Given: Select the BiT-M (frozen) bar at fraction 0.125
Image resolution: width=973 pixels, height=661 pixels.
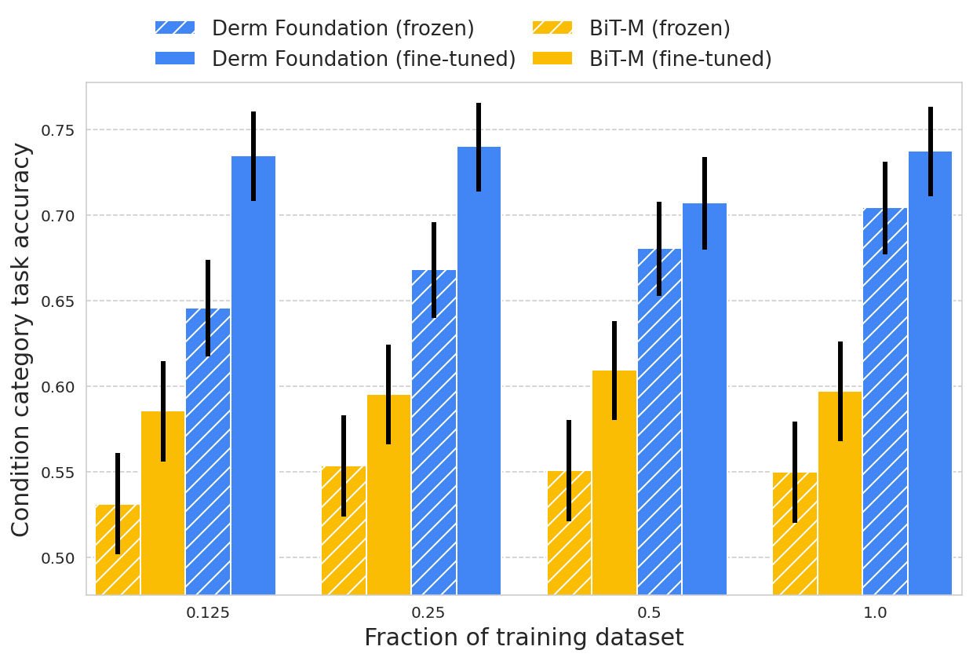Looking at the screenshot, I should [118, 550].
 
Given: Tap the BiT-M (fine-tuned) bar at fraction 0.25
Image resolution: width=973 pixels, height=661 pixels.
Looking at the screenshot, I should [388, 495].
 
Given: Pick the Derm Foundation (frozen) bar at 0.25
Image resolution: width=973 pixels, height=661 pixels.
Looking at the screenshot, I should [434, 432].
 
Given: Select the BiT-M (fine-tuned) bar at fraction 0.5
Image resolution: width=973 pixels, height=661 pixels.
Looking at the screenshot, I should [614, 483].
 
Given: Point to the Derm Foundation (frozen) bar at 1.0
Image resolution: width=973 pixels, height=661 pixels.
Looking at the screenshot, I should [885, 400].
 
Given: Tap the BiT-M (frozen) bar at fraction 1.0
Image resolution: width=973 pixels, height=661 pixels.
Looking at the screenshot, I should [795, 534].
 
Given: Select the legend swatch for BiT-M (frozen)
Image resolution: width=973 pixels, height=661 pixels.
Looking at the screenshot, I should [552, 28].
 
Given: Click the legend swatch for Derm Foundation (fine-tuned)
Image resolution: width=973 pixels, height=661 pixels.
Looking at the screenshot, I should [175, 59].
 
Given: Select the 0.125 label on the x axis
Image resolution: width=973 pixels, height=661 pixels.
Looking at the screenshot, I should [208, 614].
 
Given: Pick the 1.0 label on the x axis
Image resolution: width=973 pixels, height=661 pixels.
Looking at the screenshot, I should [875, 614].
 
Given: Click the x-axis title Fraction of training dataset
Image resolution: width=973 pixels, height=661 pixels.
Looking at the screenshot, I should [523, 637].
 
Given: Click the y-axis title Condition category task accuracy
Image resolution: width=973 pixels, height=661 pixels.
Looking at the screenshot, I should [21, 339].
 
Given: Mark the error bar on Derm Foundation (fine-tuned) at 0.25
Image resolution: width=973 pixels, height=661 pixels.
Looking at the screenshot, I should [479, 147].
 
